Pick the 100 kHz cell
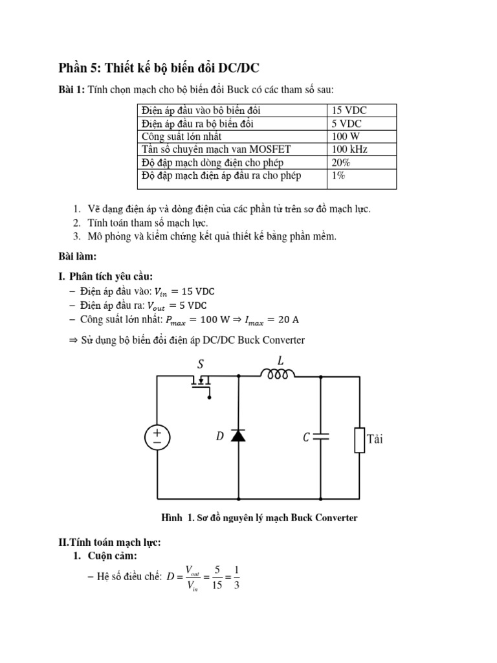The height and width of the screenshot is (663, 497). (x=350, y=150)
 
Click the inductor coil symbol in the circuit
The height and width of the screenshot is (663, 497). (x=278, y=374)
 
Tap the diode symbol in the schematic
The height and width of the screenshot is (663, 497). (x=238, y=436)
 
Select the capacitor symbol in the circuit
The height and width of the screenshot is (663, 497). (x=320, y=437)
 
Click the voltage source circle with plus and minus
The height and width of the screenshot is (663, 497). (x=157, y=438)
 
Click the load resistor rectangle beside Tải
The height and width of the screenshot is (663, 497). (x=359, y=439)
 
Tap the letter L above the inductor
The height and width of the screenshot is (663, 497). (x=280, y=360)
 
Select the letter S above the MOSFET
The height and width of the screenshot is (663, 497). (x=201, y=365)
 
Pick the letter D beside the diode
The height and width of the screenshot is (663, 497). (x=220, y=437)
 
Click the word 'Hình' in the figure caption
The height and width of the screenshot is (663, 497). (x=172, y=518)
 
